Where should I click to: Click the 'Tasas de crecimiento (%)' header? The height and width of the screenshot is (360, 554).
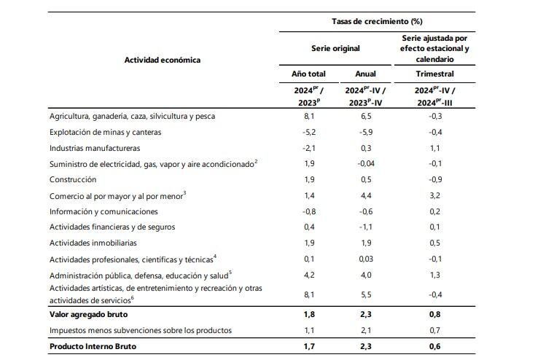(x=378, y=23)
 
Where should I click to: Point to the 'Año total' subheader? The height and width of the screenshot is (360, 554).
(x=308, y=74)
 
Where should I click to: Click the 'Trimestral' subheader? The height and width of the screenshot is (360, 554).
(x=435, y=74)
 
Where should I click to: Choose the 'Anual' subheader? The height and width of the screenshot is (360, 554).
(x=364, y=74)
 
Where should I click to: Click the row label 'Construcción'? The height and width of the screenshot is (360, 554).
(x=73, y=179)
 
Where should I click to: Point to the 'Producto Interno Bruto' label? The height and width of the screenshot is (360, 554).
(x=93, y=347)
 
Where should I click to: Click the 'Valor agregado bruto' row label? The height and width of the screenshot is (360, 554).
(x=90, y=316)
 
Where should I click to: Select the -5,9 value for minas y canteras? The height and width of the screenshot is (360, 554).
(x=364, y=132)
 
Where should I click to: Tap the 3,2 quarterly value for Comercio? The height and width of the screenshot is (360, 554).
(x=435, y=195)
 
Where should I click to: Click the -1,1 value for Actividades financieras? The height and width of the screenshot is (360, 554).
(x=364, y=227)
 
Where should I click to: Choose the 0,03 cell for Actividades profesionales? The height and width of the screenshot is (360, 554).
(x=364, y=259)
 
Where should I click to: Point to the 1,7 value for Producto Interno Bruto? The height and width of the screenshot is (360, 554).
(x=308, y=347)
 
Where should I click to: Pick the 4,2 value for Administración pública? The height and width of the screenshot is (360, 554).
(x=308, y=275)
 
